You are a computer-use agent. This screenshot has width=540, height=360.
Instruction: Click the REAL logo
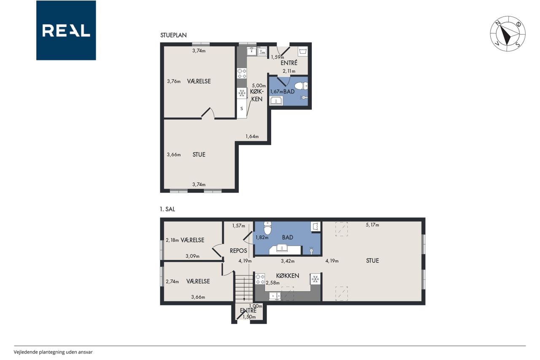pyautogui.click(x=66, y=30)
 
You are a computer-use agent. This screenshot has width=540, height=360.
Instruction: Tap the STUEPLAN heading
pyautogui.click(x=173, y=35)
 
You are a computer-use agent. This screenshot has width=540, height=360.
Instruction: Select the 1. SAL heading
pyautogui.click(x=167, y=209)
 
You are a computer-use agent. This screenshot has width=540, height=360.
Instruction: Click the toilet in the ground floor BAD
pyautogui.click(x=301, y=86)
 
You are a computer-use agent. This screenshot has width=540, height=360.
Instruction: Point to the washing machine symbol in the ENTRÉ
pyautogui.click(x=303, y=51)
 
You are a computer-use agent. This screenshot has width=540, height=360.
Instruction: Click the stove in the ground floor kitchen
pyautogui.click(x=242, y=73)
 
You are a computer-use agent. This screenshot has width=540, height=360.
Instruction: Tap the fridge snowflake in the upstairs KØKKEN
pyautogui.click(x=315, y=279)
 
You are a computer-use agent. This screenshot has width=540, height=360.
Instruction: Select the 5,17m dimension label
pyautogui.click(x=373, y=225)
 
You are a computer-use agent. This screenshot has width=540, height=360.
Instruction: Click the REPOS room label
pyautogui.click(x=238, y=251)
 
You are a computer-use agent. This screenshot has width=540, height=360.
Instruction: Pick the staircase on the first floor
pyautogui.click(x=244, y=289)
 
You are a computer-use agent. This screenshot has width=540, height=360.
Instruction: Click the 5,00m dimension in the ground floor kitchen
pyautogui.click(x=259, y=86)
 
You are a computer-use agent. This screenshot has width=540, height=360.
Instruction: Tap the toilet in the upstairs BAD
pyautogui.click(x=267, y=228)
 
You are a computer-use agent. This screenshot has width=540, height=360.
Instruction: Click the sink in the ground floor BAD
pyautogui.click(x=276, y=100)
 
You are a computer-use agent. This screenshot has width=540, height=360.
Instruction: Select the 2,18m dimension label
pyautogui.click(x=173, y=240)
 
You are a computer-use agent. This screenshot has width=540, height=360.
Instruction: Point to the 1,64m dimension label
pyautogui.click(x=252, y=136)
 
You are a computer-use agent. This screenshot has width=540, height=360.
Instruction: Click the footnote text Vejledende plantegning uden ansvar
pyautogui.click(x=53, y=352)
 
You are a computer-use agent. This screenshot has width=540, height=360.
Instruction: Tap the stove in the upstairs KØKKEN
pyautogui.click(x=260, y=279)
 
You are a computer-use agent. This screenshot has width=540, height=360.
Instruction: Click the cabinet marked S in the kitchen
pyautogui.click(x=242, y=108)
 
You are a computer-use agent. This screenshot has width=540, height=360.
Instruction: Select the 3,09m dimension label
pyautogui.click(x=192, y=256)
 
